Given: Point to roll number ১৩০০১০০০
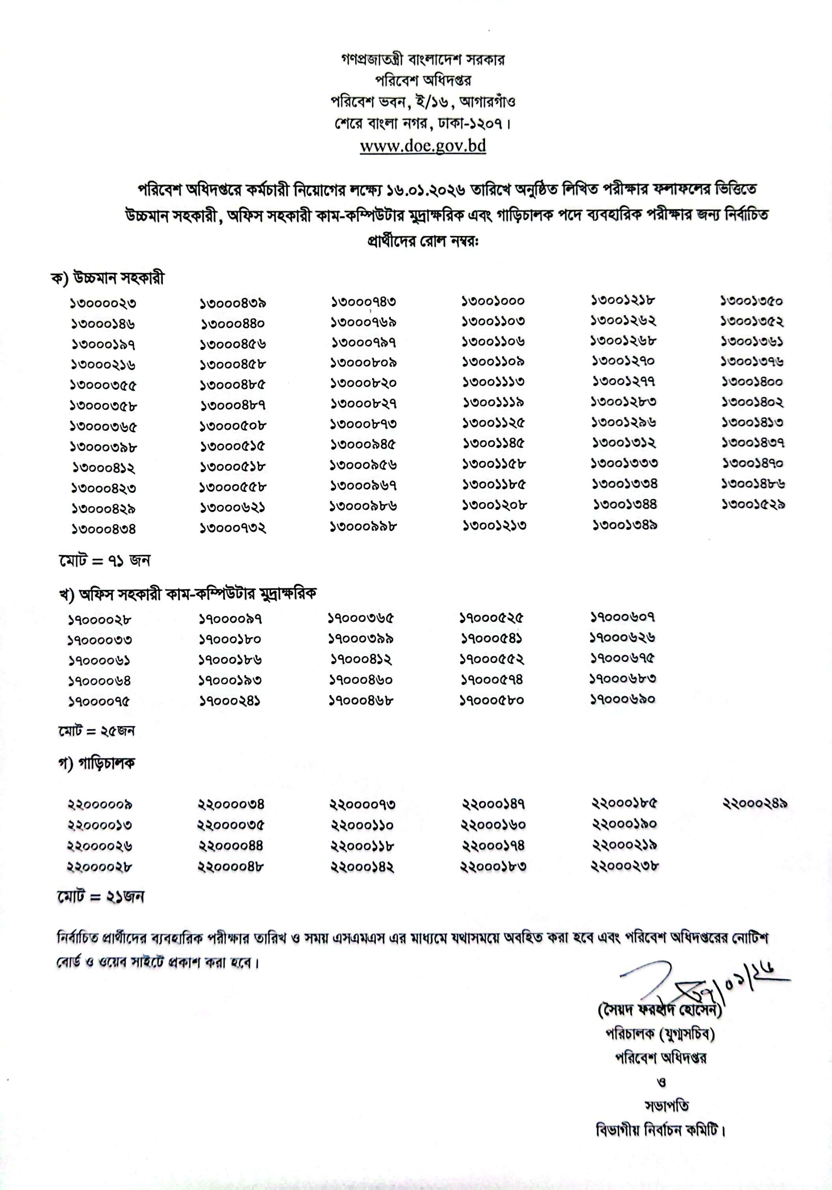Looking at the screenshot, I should click(x=493, y=301).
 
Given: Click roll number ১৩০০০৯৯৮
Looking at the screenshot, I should click(x=364, y=526).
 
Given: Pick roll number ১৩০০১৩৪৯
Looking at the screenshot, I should click(x=625, y=525).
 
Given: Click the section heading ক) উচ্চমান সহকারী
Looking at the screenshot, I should click(x=107, y=278).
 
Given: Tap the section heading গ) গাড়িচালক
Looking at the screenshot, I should click(x=97, y=764).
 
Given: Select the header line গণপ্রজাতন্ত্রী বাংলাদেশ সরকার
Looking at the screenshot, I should click(x=423, y=59).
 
